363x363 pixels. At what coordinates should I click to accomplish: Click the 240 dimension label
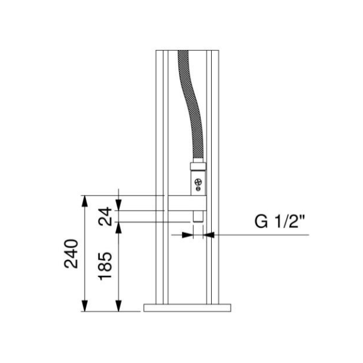[x=71, y=253]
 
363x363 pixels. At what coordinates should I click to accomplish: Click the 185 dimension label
[x=105, y=266]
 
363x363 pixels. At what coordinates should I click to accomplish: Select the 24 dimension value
[x=105, y=217]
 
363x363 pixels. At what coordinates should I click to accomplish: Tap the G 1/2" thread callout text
[x=280, y=221]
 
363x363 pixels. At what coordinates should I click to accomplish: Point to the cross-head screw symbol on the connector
[x=198, y=181]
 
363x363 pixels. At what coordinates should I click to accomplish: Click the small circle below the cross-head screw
[x=198, y=189]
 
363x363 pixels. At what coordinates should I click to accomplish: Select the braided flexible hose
[x=191, y=104]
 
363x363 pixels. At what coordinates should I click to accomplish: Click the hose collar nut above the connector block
[x=198, y=166]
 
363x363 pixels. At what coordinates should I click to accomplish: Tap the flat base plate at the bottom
[x=188, y=308]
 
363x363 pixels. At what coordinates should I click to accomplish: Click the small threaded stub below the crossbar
[x=198, y=217]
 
